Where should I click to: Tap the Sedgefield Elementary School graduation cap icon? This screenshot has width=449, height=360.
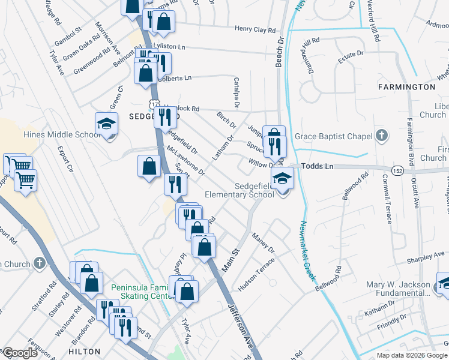pos(282,178)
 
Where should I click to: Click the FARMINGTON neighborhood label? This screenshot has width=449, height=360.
pos(406,87)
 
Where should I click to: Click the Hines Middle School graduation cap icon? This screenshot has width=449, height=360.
pos(106,124)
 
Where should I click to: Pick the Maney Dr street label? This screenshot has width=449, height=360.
pos(263,242)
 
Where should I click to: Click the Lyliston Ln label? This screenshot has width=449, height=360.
pos(170,46)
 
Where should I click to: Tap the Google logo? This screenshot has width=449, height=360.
pos(20,353)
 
